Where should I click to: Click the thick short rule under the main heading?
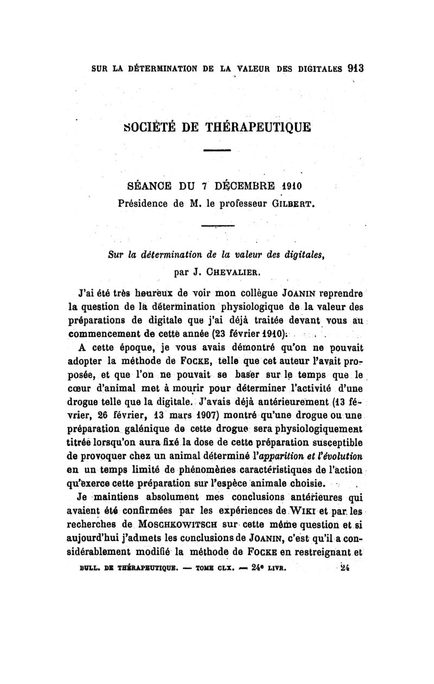(x=217, y=150)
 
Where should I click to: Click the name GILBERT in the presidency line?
(x=294, y=204)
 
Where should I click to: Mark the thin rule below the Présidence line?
(x=217, y=226)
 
